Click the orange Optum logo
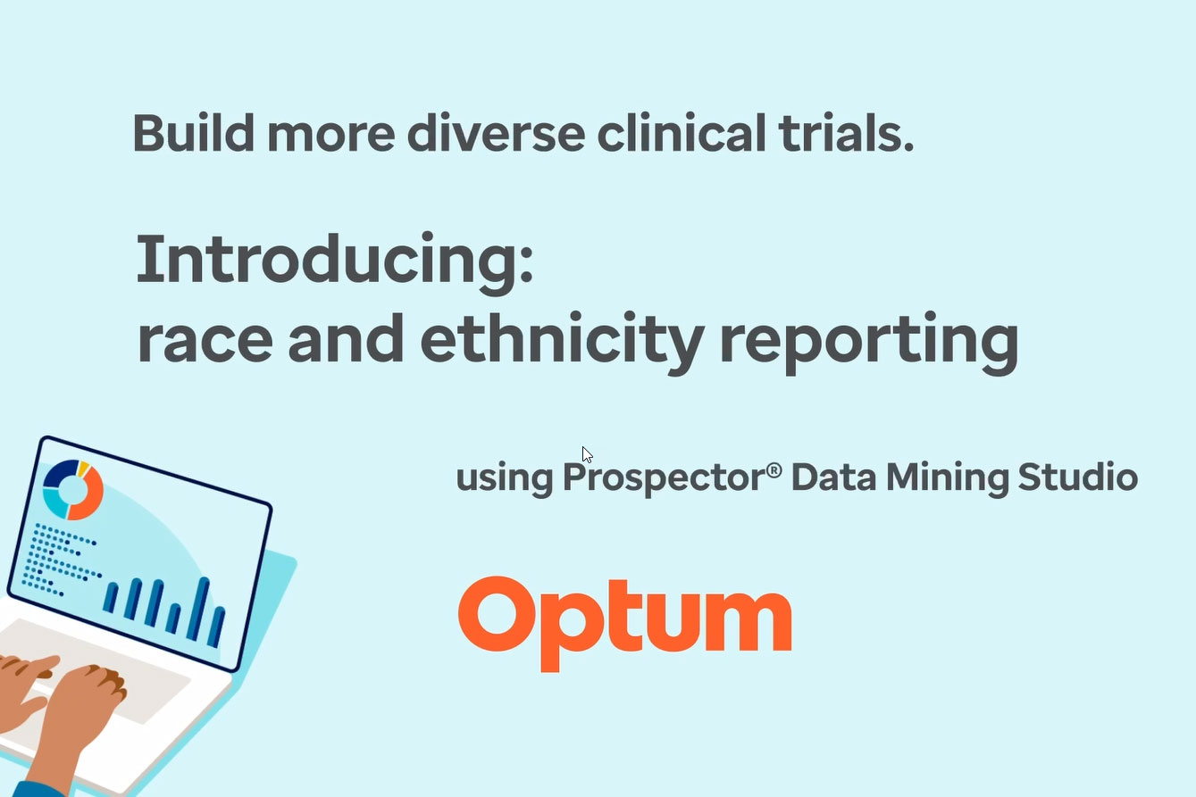(624, 623)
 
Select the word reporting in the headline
(869, 344)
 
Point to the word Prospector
(665, 477)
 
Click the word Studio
(1078, 476)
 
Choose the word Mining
(947, 477)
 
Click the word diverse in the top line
(496, 133)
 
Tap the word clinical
(682, 132)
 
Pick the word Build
(193, 133)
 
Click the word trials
(846, 133)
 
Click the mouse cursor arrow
(587, 454)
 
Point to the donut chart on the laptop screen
(72, 489)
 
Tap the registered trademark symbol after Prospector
(774, 469)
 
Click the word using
(505, 478)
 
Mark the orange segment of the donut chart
(88, 496)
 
